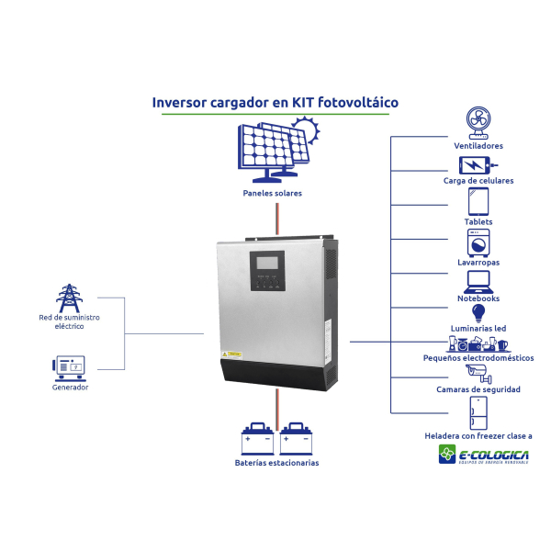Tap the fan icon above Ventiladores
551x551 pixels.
pyautogui.click(x=478, y=121)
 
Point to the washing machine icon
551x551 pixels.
pyautogui.click(x=478, y=242)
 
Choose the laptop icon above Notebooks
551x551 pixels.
pyautogui.click(x=478, y=280)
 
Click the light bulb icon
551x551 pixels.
pyautogui.click(x=478, y=313)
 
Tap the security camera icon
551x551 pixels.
pyautogui.click(x=477, y=371)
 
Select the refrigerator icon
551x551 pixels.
pyautogui.click(x=478, y=411)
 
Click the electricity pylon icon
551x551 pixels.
pyautogui.click(x=68, y=298)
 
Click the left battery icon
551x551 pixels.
pyautogui.click(x=257, y=438)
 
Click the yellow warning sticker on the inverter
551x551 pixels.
pyautogui.click(x=233, y=353)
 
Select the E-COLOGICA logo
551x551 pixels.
pyautogui.click(x=483, y=455)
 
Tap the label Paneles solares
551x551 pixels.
pyautogui.click(x=273, y=194)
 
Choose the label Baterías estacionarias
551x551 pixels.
pyautogui.click(x=276, y=463)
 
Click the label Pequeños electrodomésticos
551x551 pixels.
pyautogui.click(x=478, y=357)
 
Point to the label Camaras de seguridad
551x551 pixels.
pyautogui.click(x=478, y=389)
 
